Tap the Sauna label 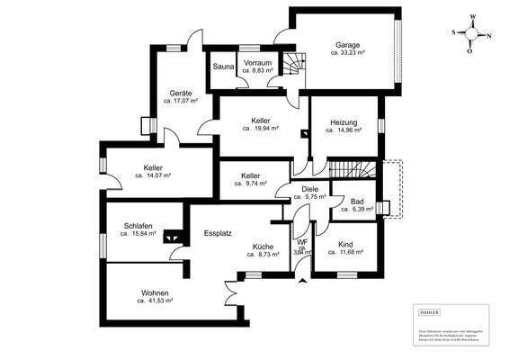tap(224, 67)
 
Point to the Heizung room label tap(344, 121)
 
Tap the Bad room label tap(356, 201)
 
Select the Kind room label tap(345, 245)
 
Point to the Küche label tap(263, 246)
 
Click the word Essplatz tap(218, 232)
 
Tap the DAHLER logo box tap(430, 312)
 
